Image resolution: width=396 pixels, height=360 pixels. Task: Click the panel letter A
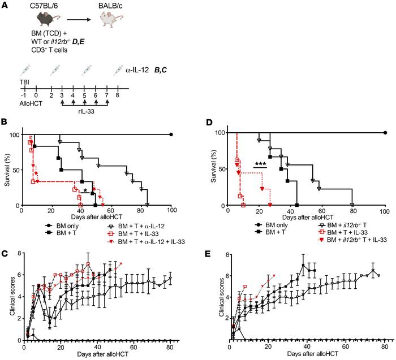5,5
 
